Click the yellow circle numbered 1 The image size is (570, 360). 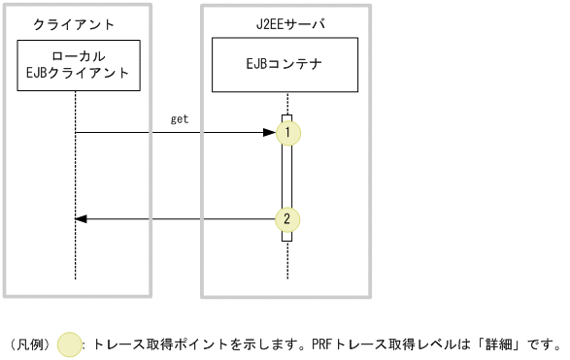pos(287,133)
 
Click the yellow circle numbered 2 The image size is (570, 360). pos(287,219)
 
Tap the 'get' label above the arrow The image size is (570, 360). pos(180,119)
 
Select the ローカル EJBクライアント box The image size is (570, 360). pos(76,65)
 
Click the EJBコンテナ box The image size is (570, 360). pos(285,65)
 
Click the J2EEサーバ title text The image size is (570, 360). pos(285,23)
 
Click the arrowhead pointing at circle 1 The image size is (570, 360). pos(270,133)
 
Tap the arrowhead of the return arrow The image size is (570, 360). pos(82,219)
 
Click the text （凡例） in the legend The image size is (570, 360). pos(31,344)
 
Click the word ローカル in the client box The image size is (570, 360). pos(76,56)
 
